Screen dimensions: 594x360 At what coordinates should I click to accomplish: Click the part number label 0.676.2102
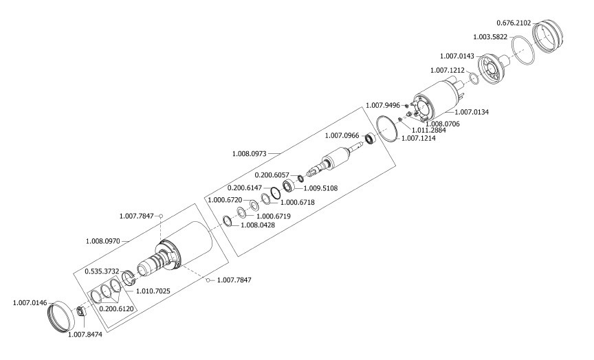(x=514, y=23)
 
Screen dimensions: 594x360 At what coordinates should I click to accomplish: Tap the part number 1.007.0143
(x=457, y=56)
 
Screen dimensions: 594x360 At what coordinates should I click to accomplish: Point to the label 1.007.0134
(x=472, y=112)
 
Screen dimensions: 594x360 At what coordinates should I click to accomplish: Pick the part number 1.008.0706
(x=443, y=124)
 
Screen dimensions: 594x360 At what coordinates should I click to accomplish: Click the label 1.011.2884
(x=429, y=131)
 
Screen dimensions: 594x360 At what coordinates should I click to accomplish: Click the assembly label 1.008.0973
(x=250, y=154)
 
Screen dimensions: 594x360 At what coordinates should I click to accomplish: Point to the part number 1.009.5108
(x=320, y=188)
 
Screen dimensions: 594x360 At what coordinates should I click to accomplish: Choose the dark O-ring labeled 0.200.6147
(x=276, y=193)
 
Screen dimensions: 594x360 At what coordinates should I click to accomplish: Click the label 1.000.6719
(x=274, y=216)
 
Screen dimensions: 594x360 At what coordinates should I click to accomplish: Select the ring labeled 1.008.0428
(x=228, y=221)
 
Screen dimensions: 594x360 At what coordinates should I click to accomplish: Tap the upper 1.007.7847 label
(x=136, y=216)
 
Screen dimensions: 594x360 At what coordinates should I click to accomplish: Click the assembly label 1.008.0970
(x=103, y=240)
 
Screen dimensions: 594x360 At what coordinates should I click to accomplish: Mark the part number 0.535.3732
(x=102, y=271)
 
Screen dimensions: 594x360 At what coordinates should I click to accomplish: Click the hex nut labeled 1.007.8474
(x=80, y=312)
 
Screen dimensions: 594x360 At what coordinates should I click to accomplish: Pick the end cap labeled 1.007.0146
(x=60, y=315)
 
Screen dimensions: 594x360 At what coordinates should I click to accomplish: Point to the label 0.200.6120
(x=117, y=309)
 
